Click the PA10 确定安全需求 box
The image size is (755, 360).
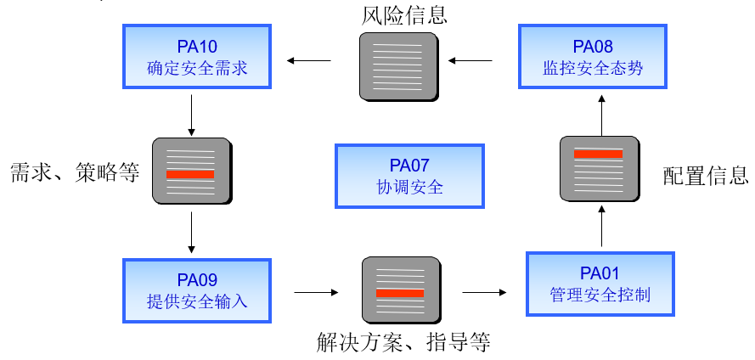pos(197,56)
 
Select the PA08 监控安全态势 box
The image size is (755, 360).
pos(593,56)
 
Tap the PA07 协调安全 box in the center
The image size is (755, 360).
pos(409,176)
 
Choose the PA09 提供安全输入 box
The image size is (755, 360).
pos(197,289)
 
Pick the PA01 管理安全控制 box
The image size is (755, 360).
pos(600,284)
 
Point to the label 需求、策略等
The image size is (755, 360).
pos(74,173)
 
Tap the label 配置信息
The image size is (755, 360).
pos(705,176)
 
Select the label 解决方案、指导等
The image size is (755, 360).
pos(403,343)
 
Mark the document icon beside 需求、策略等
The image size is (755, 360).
pos(191,171)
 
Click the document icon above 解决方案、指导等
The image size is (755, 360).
pos(400,290)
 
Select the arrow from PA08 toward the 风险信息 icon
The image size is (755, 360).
pos(470,60)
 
